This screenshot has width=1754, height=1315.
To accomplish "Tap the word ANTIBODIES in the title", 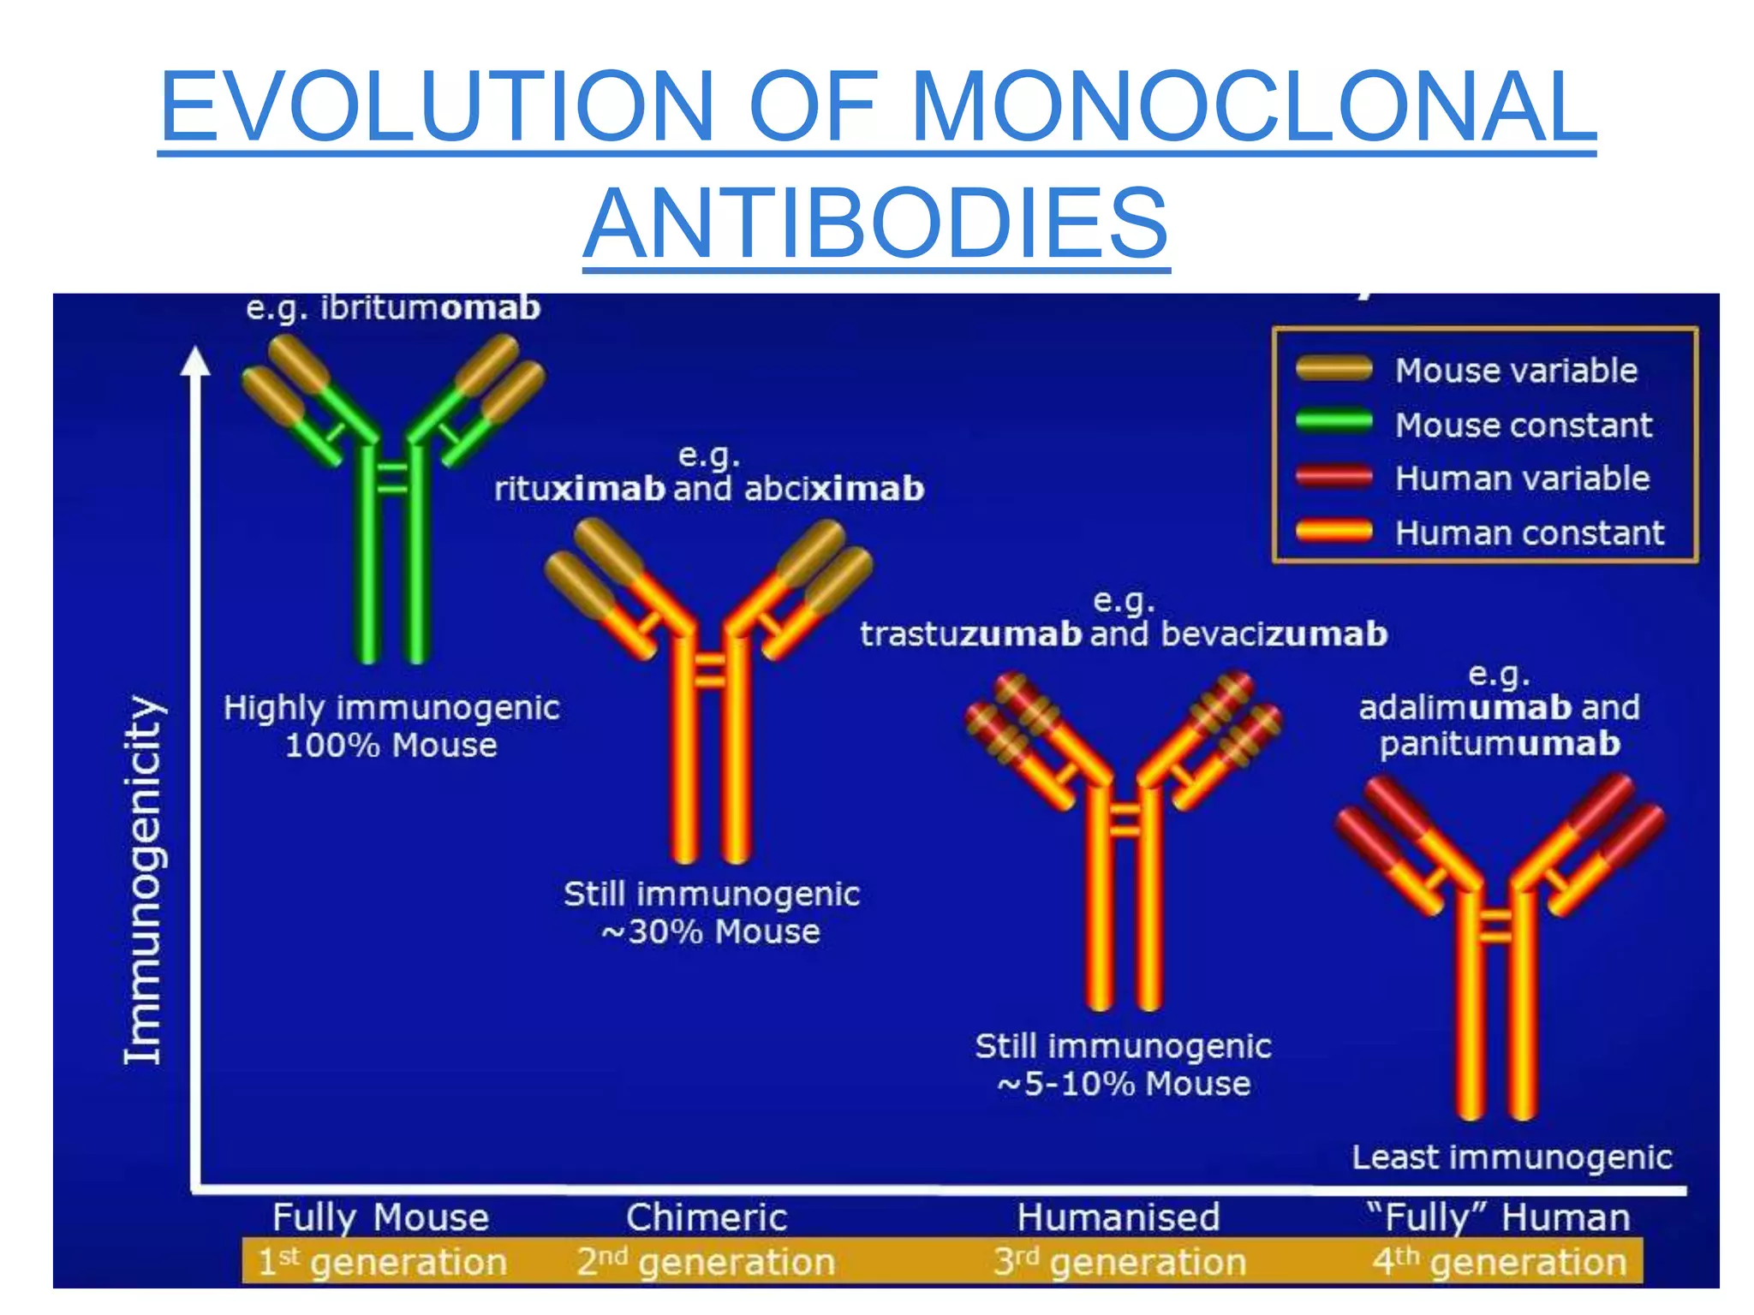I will click(x=876, y=223).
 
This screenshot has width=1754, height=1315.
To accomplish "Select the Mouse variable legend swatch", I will click(x=1333, y=369).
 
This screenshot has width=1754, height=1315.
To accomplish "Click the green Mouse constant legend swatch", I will click(x=1333, y=423).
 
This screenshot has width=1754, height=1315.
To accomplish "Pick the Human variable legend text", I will click(x=1522, y=479).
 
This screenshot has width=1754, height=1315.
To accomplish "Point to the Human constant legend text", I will click(x=1530, y=533).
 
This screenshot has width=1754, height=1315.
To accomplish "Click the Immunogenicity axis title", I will click(x=143, y=879).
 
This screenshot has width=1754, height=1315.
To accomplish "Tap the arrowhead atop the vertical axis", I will click(x=195, y=360).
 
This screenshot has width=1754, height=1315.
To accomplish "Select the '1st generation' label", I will click(x=382, y=1262).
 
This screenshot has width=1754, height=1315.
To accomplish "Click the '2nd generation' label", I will click(x=706, y=1262).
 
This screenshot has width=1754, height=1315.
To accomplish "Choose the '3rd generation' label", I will click(x=1119, y=1262).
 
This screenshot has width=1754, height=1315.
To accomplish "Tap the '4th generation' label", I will click(x=1499, y=1262).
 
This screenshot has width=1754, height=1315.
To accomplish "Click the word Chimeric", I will click(x=707, y=1217).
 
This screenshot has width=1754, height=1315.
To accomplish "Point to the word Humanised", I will click(x=1119, y=1217).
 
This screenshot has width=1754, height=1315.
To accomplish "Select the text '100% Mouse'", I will click(x=391, y=745).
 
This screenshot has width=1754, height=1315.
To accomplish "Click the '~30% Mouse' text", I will click(x=711, y=931).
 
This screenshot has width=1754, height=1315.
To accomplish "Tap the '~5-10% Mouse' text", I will click(x=1124, y=1084).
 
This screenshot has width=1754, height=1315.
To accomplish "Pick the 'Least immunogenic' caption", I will click(x=1512, y=1157).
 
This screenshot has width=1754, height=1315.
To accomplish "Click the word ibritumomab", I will click(x=431, y=307).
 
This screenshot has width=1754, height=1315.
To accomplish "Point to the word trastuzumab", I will click(x=971, y=634).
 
